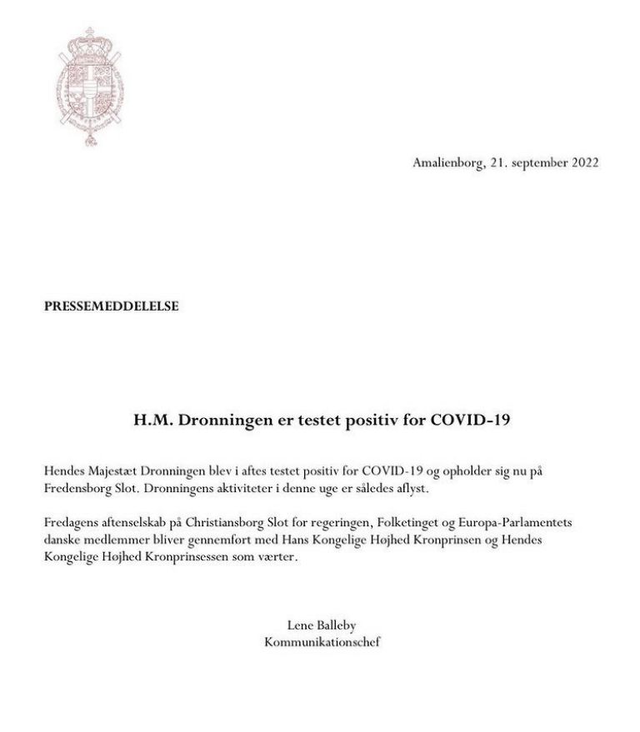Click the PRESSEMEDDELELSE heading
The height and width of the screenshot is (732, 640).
(x=112, y=306)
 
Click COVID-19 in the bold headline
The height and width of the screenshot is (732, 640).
(x=468, y=420)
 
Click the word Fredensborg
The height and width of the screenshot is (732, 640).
(x=79, y=488)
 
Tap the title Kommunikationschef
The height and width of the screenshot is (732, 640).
(x=322, y=642)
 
